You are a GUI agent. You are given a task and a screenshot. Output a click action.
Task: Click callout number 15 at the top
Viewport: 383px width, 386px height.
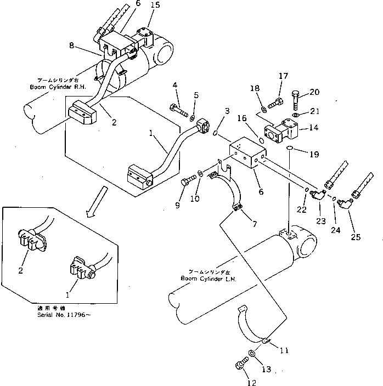click(155, 5)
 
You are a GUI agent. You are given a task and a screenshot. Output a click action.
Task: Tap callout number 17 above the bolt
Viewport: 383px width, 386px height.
click(283, 76)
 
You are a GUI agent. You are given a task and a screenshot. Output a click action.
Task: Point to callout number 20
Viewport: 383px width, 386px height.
click(314, 92)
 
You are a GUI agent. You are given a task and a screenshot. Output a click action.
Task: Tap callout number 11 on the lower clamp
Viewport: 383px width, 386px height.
click(284, 350)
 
